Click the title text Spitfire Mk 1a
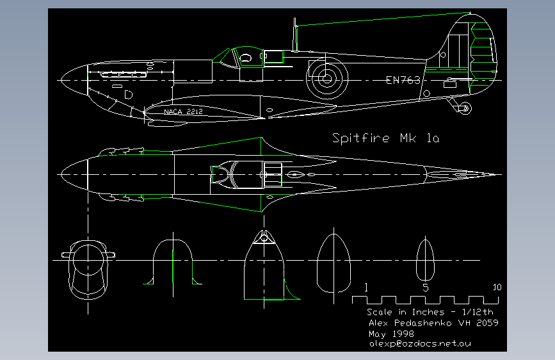click(x=385, y=138)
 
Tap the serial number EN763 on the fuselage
click(x=403, y=80)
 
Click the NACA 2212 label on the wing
click(x=183, y=111)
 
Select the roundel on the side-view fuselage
click(x=327, y=79)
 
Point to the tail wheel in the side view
click(x=465, y=108)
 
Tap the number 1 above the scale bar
click(x=366, y=288)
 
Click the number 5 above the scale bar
click(x=425, y=288)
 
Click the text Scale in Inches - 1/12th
click(x=423, y=312)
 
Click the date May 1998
click(x=391, y=334)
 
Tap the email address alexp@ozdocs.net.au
click(x=421, y=344)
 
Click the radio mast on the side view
click(x=295, y=35)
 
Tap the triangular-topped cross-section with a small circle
click(x=263, y=263)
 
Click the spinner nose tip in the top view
click(x=61, y=174)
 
